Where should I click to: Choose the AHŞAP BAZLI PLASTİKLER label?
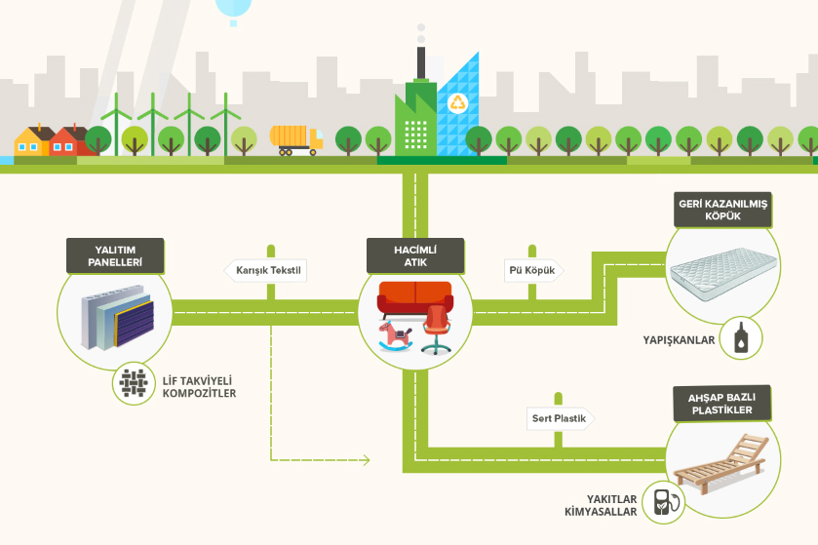722,403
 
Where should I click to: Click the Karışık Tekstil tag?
266,270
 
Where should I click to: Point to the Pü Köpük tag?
530,270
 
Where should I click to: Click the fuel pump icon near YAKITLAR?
665,502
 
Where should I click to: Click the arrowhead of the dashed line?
368,460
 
